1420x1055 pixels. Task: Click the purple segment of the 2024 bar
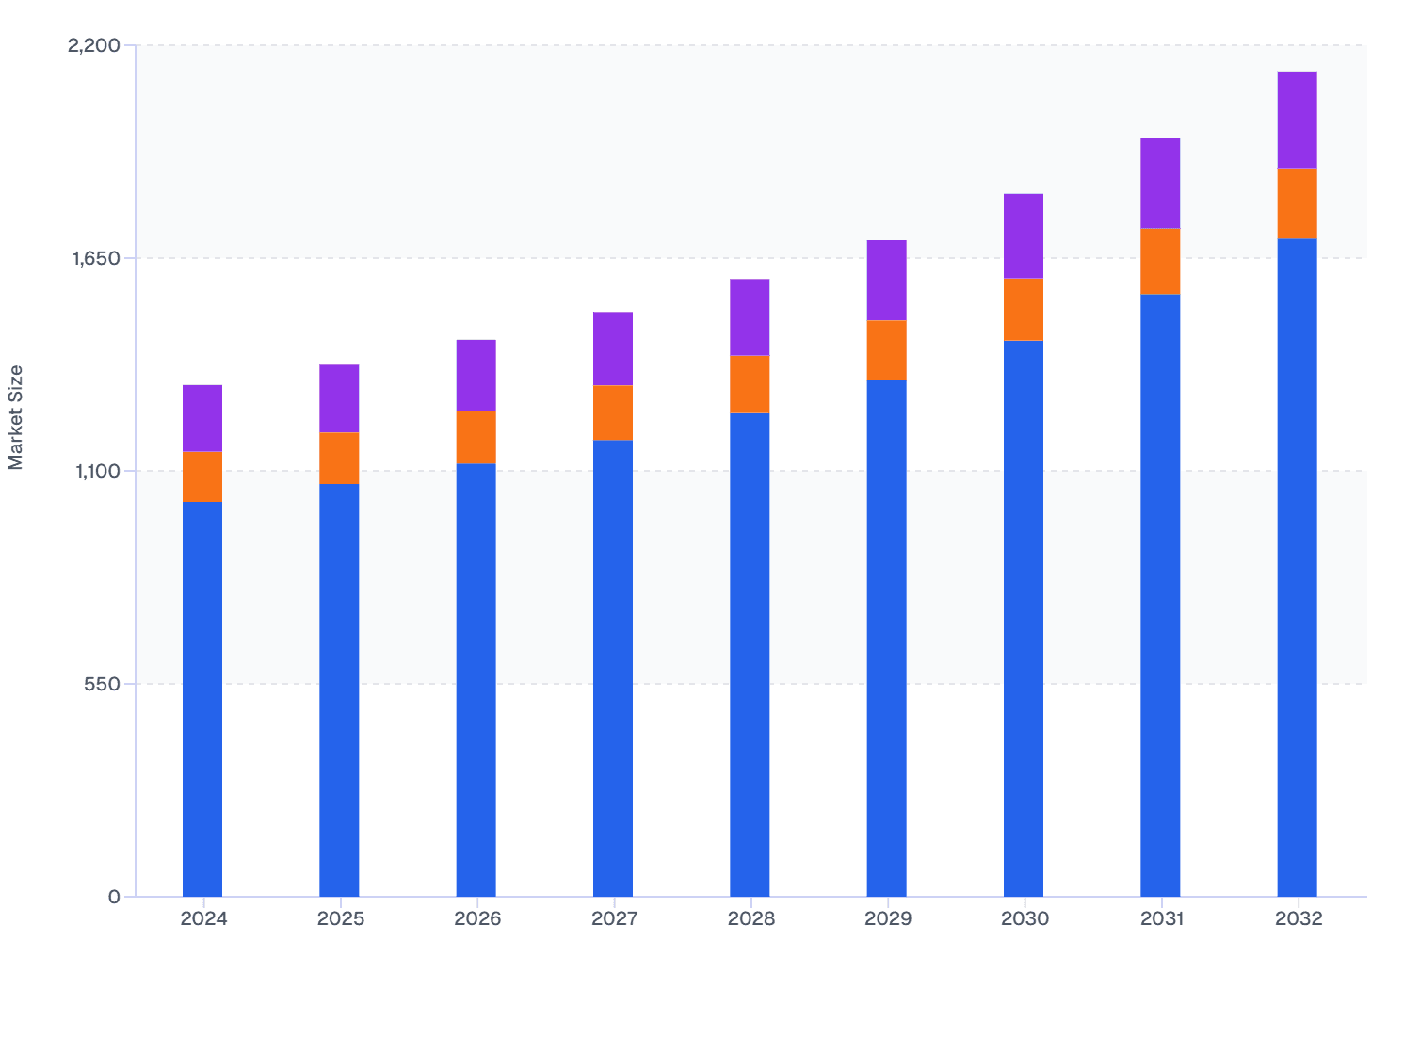pos(202,418)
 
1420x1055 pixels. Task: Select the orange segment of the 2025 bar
pos(339,458)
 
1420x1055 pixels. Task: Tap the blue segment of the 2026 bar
pos(476,679)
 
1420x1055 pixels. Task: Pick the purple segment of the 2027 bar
pos(613,349)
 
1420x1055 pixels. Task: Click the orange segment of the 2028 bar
pos(750,383)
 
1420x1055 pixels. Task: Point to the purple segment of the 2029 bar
pos(886,280)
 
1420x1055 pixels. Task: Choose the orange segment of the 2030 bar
pos(1024,309)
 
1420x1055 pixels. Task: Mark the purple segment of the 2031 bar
pos(1160,183)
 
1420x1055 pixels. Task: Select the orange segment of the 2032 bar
pos(1297,203)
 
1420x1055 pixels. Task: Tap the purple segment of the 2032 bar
pos(1297,120)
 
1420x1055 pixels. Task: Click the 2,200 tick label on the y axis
pos(94,45)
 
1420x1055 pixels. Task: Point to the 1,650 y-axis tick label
pos(94,258)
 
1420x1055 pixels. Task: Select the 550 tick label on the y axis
pos(102,684)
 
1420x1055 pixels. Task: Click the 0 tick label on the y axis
pos(114,897)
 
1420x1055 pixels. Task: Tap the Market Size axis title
pos(16,417)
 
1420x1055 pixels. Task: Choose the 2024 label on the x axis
pos(203,919)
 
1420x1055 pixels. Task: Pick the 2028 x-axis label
pos(750,919)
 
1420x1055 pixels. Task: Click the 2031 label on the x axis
pos(1161,919)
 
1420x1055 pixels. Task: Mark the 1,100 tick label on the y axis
pos(94,471)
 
